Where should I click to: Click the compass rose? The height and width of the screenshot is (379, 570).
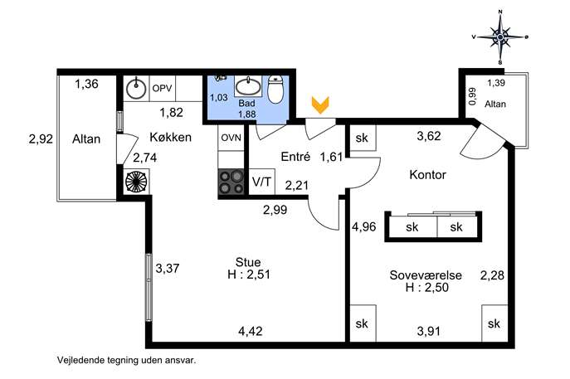(500, 37)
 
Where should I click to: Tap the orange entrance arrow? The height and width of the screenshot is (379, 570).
(320, 105)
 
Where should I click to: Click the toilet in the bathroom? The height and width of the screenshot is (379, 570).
(275, 89)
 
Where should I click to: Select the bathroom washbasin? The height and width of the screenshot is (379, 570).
(248, 86)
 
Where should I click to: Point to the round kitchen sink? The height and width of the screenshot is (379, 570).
(136, 88)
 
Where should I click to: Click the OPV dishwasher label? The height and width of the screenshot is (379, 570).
(162, 88)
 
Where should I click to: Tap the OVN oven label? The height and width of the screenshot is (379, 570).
(231, 138)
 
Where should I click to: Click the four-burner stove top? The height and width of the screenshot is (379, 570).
(231, 182)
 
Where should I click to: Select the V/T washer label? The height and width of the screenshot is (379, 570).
(261, 182)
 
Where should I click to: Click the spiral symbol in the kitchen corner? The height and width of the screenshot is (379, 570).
(136, 182)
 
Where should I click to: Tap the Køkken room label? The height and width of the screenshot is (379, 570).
(170, 138)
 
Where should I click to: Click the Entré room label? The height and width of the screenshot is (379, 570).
(295, 157)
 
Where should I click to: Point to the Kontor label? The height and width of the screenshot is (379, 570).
(427, 175)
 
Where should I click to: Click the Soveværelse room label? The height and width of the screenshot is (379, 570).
(426, 275)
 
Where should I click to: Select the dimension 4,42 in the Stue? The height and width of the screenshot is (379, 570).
(251, 332)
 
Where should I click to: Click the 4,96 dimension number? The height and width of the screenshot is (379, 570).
(364, 226)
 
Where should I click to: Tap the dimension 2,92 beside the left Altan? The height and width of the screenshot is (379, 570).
(41, 138)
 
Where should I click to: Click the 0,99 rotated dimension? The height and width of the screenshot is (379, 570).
(472, 97)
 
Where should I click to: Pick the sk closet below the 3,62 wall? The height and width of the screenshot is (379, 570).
(362, 138)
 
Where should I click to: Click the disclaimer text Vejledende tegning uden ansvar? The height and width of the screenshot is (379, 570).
(126, 361)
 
